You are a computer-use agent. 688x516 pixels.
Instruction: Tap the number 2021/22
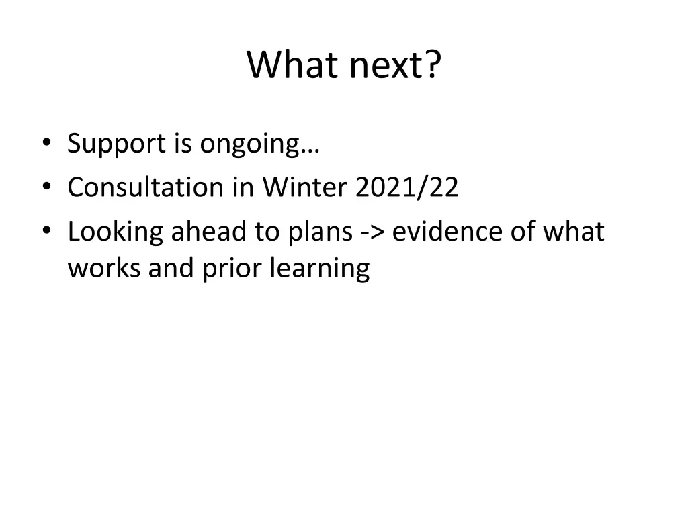407,188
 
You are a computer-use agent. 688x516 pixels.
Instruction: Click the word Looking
115,232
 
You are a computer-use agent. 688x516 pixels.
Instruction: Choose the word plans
320,232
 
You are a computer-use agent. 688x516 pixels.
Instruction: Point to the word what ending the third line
574,232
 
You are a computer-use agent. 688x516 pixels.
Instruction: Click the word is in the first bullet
183,144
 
